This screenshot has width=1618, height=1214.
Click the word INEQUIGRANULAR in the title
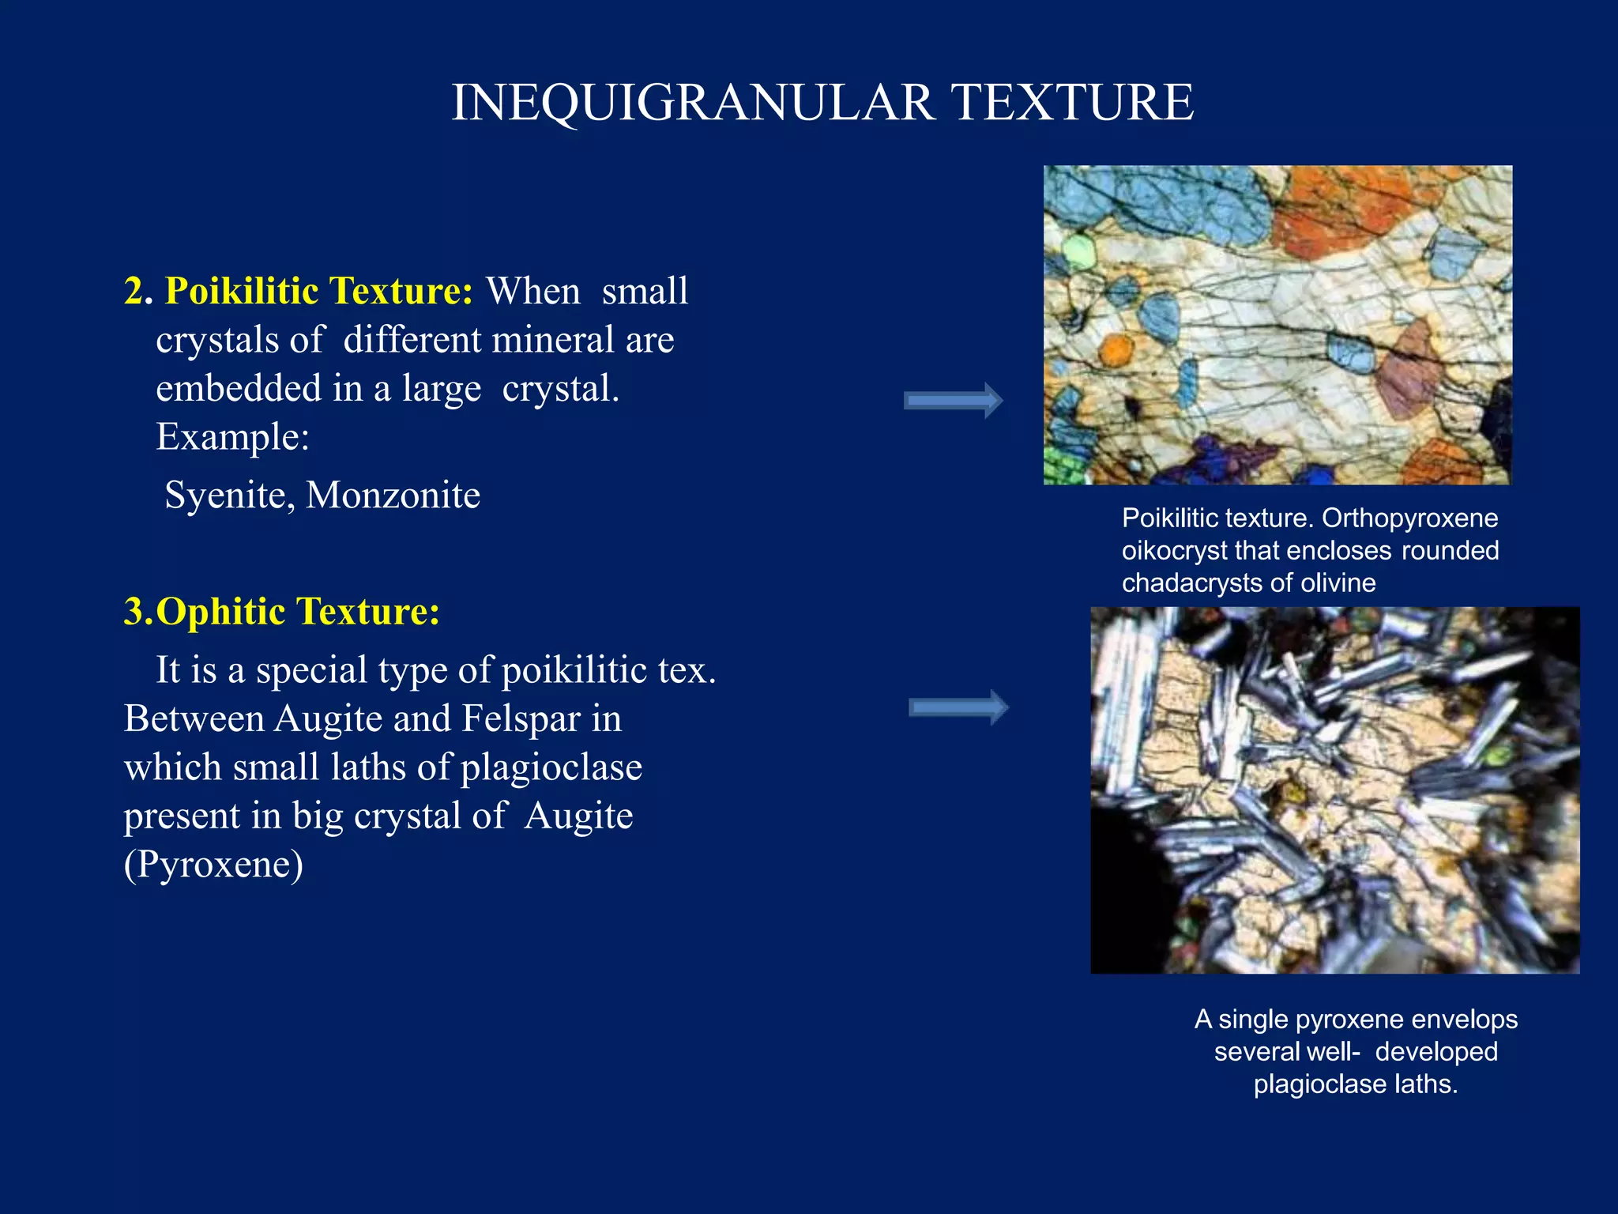(x=693, y=103)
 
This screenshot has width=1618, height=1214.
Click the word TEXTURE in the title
(x=1073, y=103)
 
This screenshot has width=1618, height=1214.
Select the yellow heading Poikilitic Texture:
(x=318, y=291)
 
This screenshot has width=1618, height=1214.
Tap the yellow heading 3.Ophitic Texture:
(x=282, y=611)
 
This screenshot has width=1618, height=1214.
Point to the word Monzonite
(x=393, y=496)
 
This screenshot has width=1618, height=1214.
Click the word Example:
(x=232, y=436)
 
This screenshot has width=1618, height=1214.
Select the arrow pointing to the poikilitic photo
(x=953, y=401)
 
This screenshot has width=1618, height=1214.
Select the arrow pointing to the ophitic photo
(x=958, y=707)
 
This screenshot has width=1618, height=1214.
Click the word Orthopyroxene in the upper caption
(x=1409, y=518)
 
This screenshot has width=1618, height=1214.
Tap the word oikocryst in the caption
(x=1174, y=551)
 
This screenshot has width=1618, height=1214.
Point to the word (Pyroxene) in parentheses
(x=213, y=864)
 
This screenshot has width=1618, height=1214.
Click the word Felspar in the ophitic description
(x=520, y=718)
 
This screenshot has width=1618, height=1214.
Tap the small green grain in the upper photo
(x=1078, y=253)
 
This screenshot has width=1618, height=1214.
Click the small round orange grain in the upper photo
(x=1116, y=349)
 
